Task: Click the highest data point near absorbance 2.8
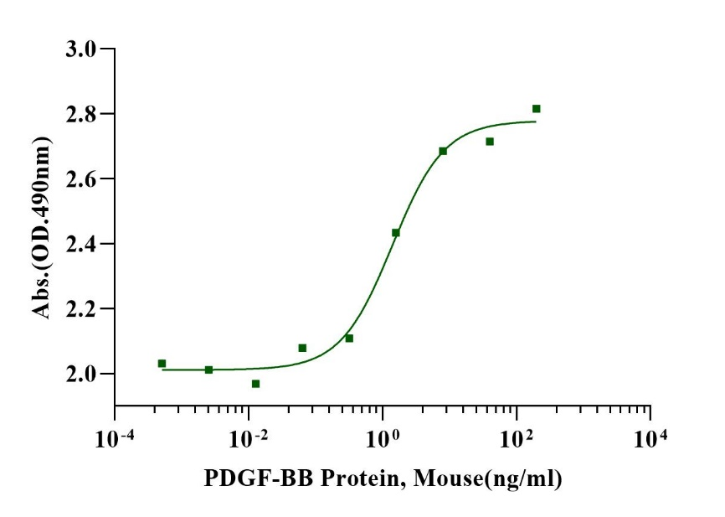click(537, 109)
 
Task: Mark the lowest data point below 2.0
click(255, 384)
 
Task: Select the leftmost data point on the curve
click(162, 364)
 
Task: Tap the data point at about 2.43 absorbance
click(396, 233)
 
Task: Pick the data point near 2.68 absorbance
click(443, 151)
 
